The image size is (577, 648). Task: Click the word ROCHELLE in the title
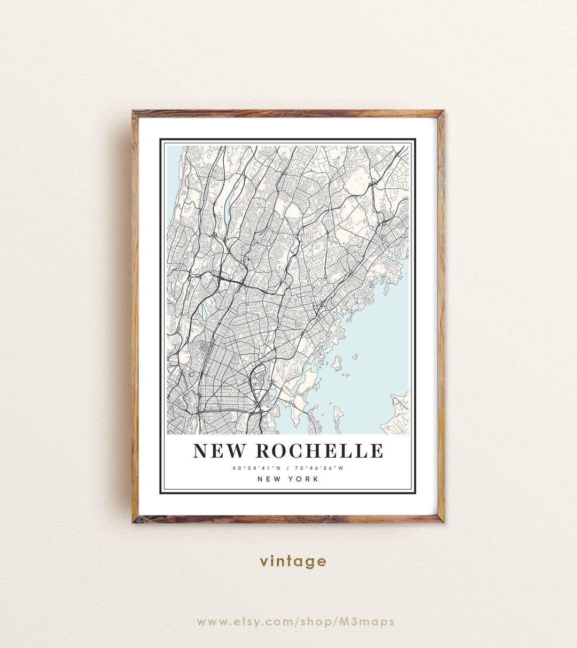click(319, 451)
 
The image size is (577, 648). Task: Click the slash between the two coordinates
click(287, 468)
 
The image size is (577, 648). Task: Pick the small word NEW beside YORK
click(269, 479)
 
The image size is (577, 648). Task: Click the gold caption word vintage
click(293, 561)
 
